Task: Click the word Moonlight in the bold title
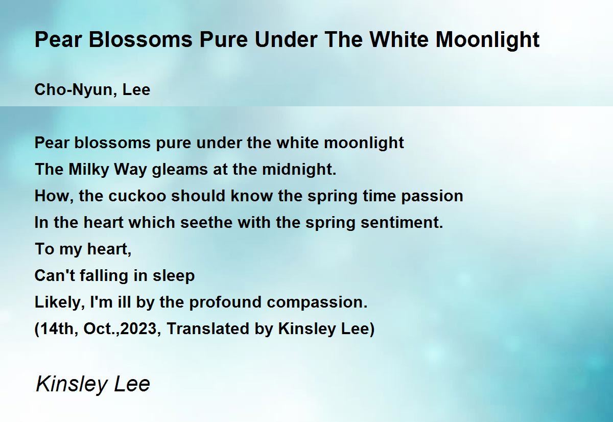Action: (487, 40)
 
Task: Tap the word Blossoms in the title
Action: (140, 40)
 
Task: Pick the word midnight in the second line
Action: (298, 170)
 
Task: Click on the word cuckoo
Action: (137, 196)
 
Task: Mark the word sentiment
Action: (402, 223)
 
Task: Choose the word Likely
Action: (60, 302)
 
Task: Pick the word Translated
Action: (208, 329)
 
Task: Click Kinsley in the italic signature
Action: (72, 385)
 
